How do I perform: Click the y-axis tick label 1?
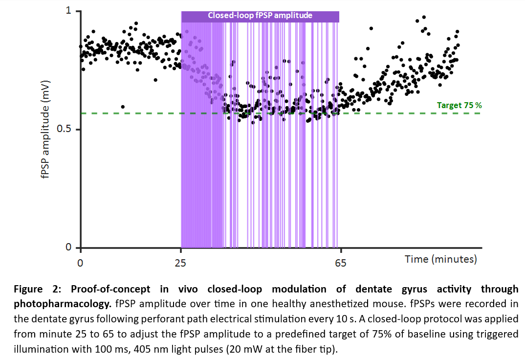tap(70, 11)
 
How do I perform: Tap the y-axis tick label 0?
tap(70, 247)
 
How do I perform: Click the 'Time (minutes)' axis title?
tap(440, 259)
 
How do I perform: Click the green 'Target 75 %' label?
tap(459, 105)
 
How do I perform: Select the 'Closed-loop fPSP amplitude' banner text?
tap(260, 15)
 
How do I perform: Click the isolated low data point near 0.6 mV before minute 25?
tap(123, 107)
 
